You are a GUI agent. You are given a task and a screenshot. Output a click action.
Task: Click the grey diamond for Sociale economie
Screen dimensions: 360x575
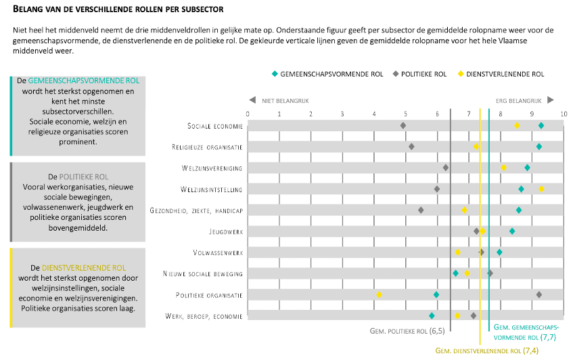(403, 125)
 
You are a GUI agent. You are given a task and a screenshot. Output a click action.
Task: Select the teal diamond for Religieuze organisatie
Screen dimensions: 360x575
(539, 146)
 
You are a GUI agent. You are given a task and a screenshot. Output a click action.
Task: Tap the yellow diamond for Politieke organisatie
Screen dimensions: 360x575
(379, 294)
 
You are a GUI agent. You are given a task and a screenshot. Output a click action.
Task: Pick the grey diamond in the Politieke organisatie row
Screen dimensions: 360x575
(539, 294)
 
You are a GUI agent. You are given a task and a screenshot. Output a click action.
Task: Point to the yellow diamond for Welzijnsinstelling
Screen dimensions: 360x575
(541, 189)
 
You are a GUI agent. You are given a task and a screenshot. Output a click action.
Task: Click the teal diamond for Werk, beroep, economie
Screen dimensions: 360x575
(432, 315)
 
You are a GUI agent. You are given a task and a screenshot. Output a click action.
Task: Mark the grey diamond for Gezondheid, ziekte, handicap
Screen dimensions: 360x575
(421, 210)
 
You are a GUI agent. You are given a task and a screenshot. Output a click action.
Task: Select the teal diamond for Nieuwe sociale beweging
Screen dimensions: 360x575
(456, 273)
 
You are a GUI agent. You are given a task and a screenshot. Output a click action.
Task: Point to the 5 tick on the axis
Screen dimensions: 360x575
(405, 113)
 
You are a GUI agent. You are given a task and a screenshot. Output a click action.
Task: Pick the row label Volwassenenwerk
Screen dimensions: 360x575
(218, 252)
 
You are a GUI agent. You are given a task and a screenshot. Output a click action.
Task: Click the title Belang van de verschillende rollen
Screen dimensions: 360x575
(118, 10)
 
